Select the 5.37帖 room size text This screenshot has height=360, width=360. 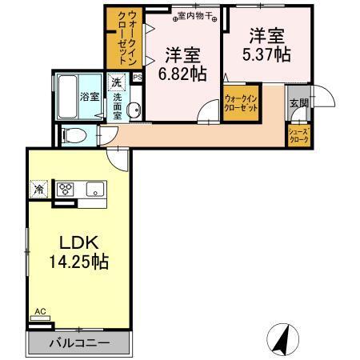267,55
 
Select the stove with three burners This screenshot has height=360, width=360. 66,190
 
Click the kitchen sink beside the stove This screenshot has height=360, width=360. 94,190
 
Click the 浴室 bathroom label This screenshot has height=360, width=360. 89,97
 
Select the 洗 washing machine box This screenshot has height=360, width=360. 116,82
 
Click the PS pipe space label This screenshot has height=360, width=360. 137,78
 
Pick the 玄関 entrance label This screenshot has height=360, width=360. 298,103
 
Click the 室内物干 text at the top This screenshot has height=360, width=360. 193,14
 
